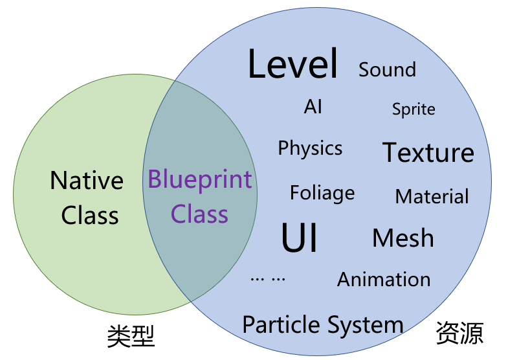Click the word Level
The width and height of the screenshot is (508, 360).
pos(293,65)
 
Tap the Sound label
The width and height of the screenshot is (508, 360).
pos(387,69)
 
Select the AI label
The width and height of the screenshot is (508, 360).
pos(313,107)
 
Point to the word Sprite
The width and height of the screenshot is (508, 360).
pos(414,109)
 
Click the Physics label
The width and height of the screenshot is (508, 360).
pos(310,148)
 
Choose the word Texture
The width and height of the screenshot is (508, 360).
pos(428,153)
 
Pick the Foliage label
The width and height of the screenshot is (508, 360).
pos(322,193)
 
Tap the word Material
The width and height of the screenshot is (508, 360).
pos(432,196)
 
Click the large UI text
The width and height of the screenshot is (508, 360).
pos(300,238)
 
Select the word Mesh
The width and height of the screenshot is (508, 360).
pos(403,238)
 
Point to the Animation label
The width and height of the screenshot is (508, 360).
pos(384,280)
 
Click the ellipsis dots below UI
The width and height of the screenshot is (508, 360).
pos(267,279)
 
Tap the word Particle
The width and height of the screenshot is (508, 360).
pos(282,324)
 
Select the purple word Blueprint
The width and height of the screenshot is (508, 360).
pos(200,180)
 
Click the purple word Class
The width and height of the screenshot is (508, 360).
pos(199,214)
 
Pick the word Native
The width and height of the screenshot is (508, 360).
pos(87,181)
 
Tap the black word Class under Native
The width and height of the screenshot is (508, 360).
pos(90,216)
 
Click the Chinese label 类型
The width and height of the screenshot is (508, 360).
pos(131,336)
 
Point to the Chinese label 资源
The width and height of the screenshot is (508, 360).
pos(459,333)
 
